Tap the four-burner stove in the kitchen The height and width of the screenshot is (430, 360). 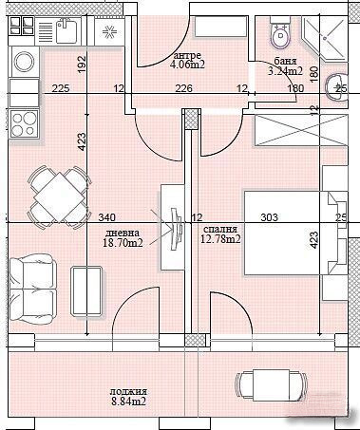24,124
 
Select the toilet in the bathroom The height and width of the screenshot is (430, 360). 279,36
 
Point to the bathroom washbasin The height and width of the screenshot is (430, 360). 338,88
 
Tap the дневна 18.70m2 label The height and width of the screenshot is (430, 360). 123,238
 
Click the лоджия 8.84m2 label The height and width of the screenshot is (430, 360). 127,396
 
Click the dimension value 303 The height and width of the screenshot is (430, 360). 269,217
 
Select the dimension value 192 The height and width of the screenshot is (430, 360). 82,65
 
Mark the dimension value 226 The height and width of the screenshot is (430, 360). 184,88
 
